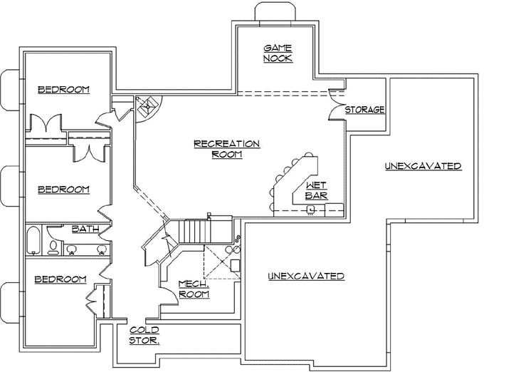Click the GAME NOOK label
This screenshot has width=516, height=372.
click(278, 53)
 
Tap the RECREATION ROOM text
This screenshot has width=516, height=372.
click(226, 148)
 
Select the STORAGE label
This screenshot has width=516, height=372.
click(364, 110)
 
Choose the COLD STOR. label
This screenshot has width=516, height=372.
click(144, 335)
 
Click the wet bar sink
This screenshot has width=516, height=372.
click(310, 209)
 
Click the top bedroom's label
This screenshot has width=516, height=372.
click(63, 89)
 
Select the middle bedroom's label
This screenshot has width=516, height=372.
click(63, 189)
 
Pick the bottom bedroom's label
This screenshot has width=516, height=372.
click(61, 279)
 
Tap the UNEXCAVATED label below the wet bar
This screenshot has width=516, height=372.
click(306, 276)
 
